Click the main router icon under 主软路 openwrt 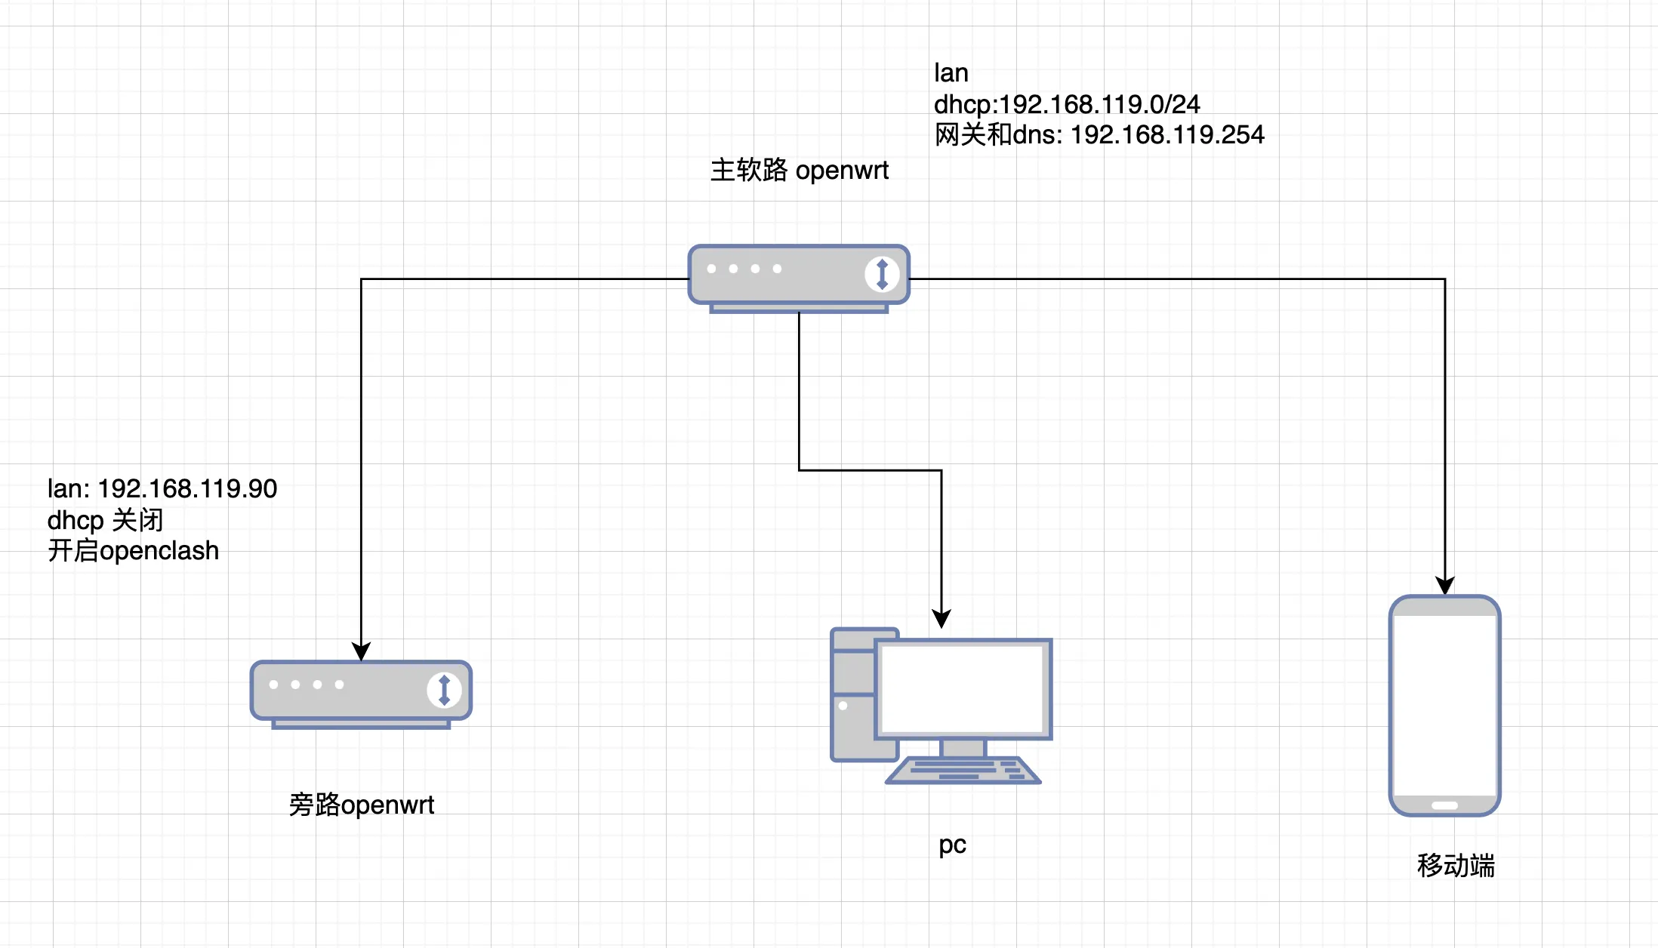[798, 275]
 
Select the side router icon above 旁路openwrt [361, 691]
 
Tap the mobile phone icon [1444, 706]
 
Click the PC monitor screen [963, 688]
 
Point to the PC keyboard [963, 771]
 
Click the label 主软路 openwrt [799, 171]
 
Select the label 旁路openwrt [361, 805]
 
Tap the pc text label [952, 845]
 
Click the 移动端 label [1455, 865]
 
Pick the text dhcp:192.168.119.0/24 [1066, 104]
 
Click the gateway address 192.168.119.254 [1166, 135]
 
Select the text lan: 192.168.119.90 [162, 489]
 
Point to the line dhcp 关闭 [105, 520]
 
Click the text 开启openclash [133, 551]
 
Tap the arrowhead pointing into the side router [362, 651]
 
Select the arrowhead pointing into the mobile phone [1444, 586]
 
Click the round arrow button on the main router [881, 273]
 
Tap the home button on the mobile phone [1444, 805]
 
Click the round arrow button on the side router [444, 690]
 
